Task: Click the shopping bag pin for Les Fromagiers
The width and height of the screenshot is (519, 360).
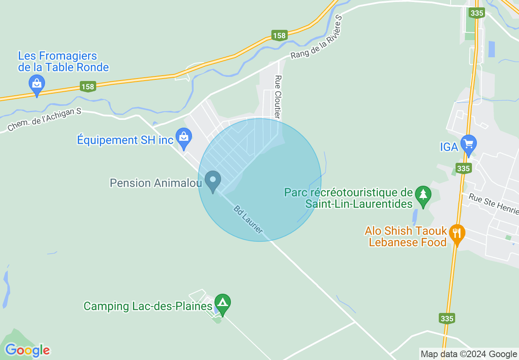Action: coord(37,84)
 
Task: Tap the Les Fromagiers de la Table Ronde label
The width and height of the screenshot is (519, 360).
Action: coord(63,62)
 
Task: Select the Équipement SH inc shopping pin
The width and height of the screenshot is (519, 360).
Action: coord(184,138)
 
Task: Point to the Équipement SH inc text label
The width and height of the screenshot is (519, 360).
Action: coord(125,140)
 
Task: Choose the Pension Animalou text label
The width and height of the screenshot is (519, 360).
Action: coord(156,183)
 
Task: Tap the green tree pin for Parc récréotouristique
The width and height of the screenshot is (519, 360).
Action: coord(423,196)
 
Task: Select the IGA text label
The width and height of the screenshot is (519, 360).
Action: coord(449,147)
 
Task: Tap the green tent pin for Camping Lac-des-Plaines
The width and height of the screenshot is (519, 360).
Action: coord(222,304)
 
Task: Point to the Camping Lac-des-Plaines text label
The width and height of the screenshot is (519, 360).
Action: coord(148,306)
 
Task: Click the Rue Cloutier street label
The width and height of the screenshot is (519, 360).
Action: coord(278,97)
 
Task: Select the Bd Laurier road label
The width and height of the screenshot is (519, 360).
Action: coord(248,220)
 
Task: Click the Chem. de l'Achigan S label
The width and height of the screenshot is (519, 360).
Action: coord(44,120)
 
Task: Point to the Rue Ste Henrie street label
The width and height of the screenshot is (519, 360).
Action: coord(493,202)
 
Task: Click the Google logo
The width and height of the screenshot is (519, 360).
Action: coord(27,350)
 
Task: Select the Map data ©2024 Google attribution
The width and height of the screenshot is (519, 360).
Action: coord(469,354)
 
